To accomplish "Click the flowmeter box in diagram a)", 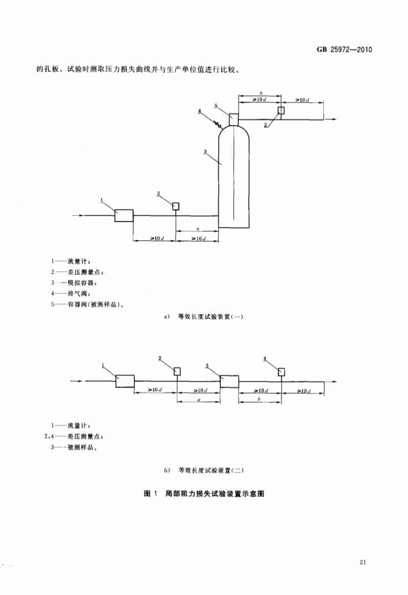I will [124, 215].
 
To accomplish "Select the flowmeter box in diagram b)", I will [125, 381].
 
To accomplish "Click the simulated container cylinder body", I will [233, 178].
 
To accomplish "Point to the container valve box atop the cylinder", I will [233, 119].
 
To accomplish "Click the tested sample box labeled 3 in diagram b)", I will [229, 381].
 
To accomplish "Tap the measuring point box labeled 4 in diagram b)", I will [282, 371].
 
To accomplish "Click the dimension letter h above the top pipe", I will [259, 93].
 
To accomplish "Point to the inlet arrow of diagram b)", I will [78, 381].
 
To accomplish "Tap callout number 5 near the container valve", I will [217, 105].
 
